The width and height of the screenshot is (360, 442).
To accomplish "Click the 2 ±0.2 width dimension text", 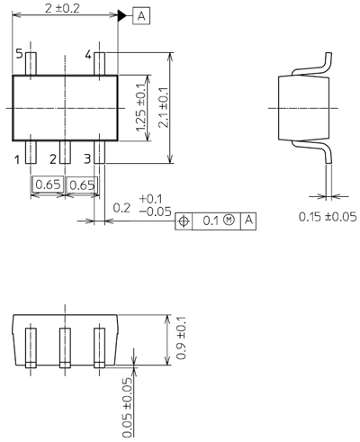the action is tap(62, 8).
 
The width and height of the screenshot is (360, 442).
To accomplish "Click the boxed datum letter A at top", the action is tap(141, 16).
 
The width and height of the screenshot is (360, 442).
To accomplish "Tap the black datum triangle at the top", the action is tap(122, 15).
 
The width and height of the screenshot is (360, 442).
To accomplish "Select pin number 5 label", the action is tap(19, 54).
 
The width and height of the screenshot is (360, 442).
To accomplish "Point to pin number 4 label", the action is tap(88, 55).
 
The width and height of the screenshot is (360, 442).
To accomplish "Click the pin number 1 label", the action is tap(17, 159).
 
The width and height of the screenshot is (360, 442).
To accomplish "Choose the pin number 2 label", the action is tap(53, 159).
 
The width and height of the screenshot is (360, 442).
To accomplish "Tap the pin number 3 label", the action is tap(87, 158).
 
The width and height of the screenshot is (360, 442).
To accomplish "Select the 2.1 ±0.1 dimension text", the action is tap(164, 108).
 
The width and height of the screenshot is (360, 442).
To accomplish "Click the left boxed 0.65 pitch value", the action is tap(48, 185).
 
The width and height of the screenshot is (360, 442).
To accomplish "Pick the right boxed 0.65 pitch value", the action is tap(82, 185).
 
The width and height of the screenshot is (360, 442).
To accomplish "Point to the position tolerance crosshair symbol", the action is tap(184, 221).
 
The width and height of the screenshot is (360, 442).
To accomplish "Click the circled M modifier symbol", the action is tap(229, 220).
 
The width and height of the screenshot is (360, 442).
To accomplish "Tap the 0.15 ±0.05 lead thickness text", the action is tap(328, 217).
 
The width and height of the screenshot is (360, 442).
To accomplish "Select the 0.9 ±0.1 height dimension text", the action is tap(181, 338).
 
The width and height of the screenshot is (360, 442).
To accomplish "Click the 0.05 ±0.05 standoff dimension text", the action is tap(127, 407).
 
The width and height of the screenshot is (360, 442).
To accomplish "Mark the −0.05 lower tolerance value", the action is tap(155, 212).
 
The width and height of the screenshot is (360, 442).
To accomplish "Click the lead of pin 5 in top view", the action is tap(31, 64).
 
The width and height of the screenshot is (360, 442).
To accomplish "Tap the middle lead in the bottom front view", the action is tap(65, 347).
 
